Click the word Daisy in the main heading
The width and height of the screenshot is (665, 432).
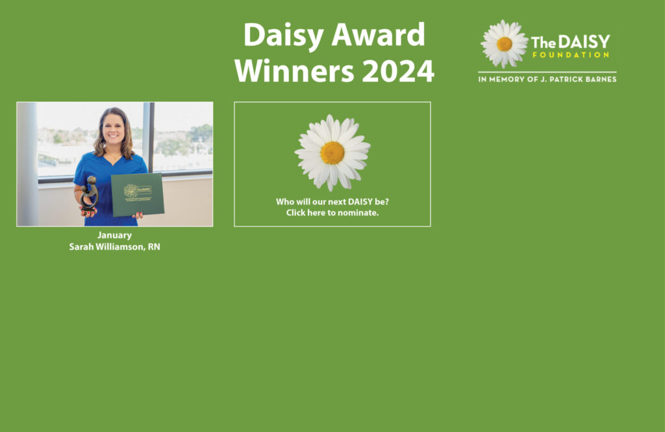coord(283,36)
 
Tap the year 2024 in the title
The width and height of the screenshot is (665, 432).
coord(398,71)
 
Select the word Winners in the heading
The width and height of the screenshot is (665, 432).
coord(294,71)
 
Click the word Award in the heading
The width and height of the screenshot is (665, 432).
coord(379,34)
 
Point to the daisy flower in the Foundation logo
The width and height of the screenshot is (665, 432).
coord(504,43)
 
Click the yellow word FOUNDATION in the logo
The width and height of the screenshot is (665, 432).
coord(571,54)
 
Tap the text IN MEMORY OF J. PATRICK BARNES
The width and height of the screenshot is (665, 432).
coord(547,79)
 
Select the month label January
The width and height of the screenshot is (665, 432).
coord(114,235)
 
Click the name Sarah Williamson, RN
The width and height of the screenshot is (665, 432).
coord(114,247)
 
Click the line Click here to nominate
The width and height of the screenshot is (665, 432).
coord(332,213)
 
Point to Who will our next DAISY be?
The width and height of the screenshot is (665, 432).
coord(332,202)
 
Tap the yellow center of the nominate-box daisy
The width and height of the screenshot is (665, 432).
coord(332,153)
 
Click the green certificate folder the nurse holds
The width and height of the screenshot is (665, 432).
coord(138,195)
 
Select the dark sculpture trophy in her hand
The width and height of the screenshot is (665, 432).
coord(90,193)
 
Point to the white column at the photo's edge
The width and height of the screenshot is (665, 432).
coord(27,164)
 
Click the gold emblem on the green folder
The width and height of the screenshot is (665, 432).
coord(130,191)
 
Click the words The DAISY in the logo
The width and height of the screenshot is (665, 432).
coord(570,42)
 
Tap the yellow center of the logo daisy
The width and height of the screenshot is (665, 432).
coord(504,44)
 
